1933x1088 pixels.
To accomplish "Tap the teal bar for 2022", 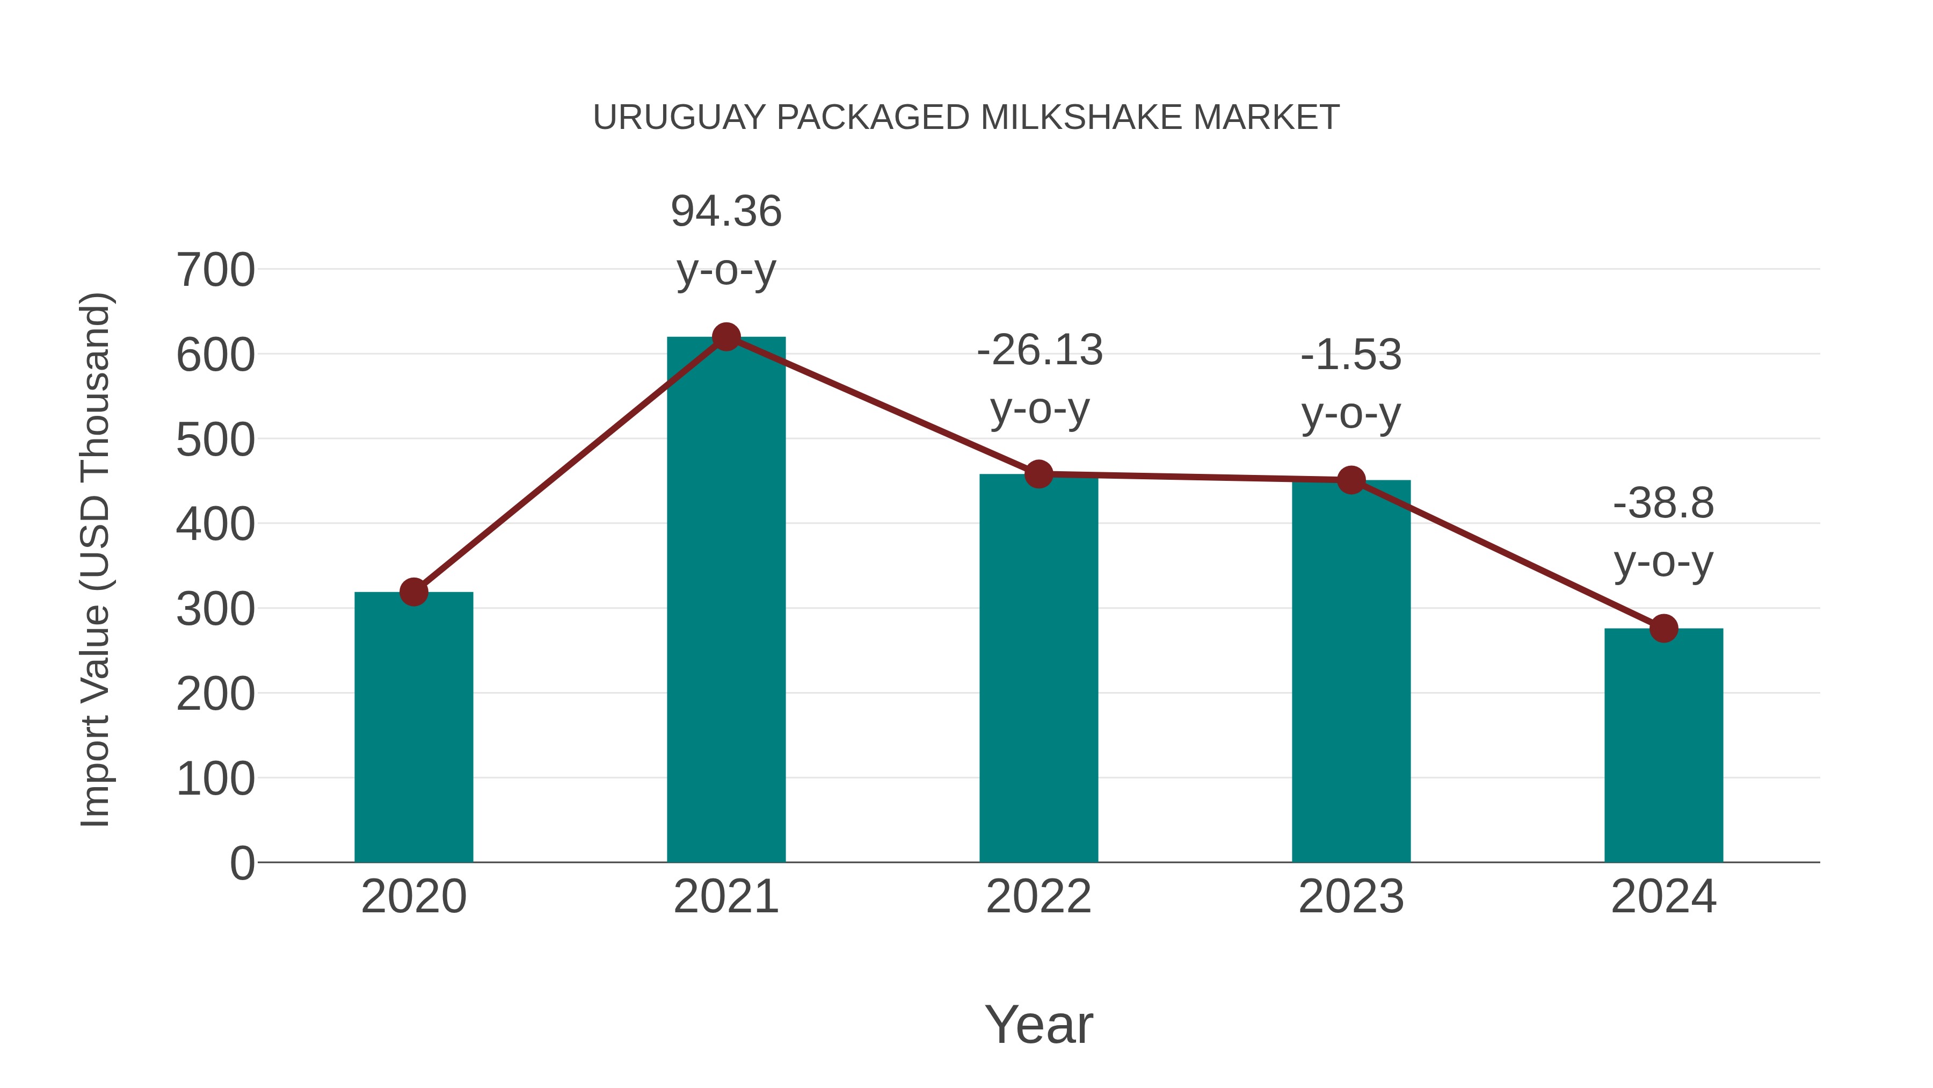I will [1038, 668].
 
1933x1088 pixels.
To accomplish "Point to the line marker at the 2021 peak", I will [725, 337].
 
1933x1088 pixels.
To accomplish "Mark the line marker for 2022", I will [1038, 474].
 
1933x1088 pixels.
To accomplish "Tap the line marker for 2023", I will [1351, 480].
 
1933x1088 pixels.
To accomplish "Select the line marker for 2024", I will [1663, 629].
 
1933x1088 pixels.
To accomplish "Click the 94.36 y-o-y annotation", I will [725, 240].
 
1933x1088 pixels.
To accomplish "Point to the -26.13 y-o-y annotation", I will [1040, 380].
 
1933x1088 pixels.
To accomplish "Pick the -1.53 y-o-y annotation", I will [1351, 385].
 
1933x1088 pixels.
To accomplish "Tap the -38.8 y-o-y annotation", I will [1663, 532].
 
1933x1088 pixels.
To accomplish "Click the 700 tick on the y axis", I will [215, 270].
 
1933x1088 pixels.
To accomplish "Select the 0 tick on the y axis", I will [242, 863].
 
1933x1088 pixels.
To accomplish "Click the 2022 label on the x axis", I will [1038, 897].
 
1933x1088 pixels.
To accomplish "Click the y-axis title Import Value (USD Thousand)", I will [96, 559].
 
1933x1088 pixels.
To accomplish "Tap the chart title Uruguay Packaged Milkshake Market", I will [966, 118].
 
